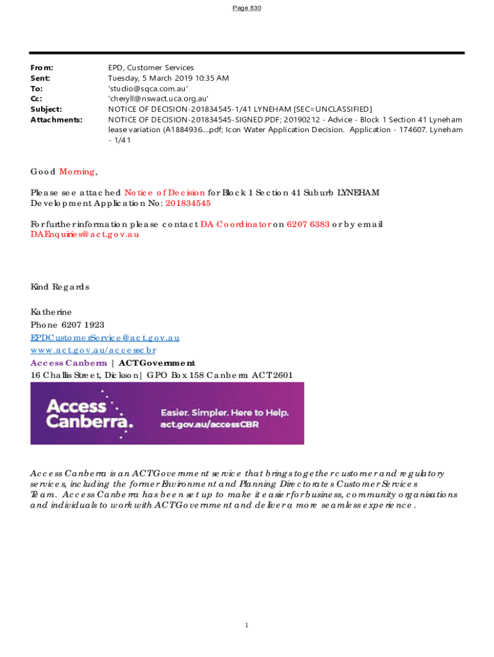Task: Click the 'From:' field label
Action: (42, 67)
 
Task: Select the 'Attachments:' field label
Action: (56, 119)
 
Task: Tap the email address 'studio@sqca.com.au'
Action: (148, 89)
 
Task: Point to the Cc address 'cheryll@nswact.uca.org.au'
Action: (158, 99)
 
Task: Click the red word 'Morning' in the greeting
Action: (77, 171)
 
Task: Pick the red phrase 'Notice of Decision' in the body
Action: (165, 192)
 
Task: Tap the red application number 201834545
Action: (188, 203)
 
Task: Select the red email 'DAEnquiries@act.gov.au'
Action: (85, 234)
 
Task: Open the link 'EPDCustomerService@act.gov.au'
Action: (105, 337)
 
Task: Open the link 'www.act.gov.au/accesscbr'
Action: (93, 350)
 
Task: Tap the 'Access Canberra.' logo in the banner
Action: (89, 413)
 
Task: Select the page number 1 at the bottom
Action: (246, 625)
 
